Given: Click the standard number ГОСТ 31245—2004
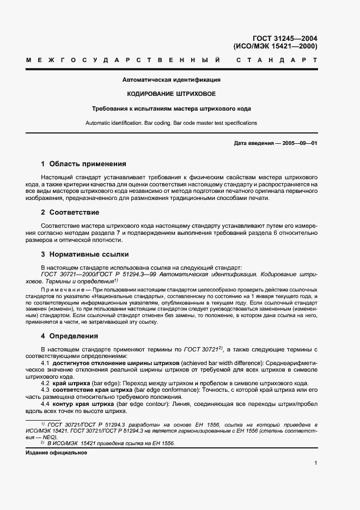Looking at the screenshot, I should click(x=285, y=38).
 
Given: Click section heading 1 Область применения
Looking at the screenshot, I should click(x=83, y=163).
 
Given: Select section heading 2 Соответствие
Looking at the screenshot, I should click(x=70, y=212).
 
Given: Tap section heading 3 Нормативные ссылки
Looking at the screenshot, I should click(x=85, y=254).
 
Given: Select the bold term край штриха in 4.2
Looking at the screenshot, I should click(x=72, y=383).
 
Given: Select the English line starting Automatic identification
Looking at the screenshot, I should click(x=171, y=123).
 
